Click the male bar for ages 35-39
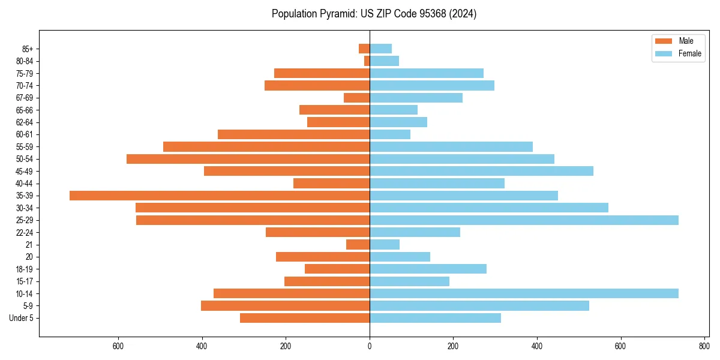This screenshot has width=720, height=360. click(220, 196)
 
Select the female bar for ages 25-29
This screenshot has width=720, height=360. click(524, 220)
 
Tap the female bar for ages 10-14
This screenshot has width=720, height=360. click(524, 293)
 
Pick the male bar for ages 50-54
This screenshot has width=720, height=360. click(248, 159)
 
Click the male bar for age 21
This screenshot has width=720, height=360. click(358, 245)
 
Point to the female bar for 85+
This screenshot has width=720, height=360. click(380, 49)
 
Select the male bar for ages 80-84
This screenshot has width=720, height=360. click(367, 61)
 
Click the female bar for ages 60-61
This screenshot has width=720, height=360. click(390, 134)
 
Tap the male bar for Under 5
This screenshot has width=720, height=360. click(305, 318)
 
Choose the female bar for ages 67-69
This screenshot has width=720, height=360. click(416, 98)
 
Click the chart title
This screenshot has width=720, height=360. click(374, 14)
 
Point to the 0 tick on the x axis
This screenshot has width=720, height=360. click(370, 346)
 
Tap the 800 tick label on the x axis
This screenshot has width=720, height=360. click(704, 346)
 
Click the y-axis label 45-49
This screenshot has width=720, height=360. click(25, 172)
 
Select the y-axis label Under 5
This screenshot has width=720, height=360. click(22, 318)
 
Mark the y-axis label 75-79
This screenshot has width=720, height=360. click(25, 74)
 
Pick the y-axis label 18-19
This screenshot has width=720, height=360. click(25, 269)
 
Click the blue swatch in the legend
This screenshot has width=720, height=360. click(664, 53)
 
